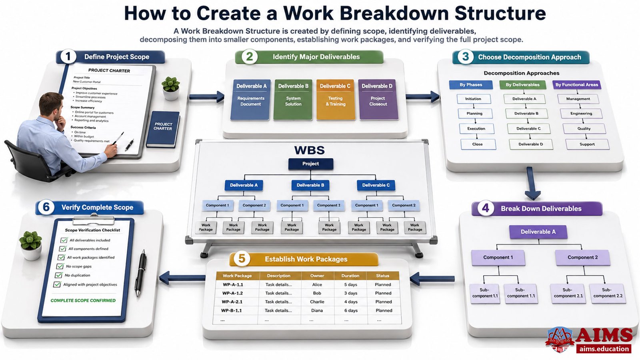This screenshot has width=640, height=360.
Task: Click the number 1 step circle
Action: click(68, 56)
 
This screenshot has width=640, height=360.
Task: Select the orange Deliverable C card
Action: click(336, 99)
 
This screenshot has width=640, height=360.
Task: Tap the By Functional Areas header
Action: click(576, 84)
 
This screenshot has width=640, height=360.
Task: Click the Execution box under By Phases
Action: click(476, 128)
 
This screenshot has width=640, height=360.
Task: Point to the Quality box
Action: click(584, 128)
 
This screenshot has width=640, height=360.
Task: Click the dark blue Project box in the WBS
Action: click(310, 164)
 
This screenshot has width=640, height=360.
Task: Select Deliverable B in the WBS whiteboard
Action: click(310, 185)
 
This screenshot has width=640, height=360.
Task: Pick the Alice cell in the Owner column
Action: click(317, 284)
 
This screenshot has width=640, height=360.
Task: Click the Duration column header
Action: click(350, 276)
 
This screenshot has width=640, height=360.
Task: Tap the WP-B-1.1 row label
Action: click(232, 310)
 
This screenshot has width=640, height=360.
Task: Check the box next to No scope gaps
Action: click(60, 266)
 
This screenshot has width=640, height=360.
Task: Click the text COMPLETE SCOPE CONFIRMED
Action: click(83, 300)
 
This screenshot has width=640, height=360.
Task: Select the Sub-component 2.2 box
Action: click(608, 293)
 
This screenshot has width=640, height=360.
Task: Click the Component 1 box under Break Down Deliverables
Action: click(498, 258)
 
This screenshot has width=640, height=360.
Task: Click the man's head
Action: click(52, 105)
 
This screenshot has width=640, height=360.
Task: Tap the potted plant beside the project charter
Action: click(171, 88)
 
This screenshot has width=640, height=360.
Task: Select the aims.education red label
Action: click(604, 349)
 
